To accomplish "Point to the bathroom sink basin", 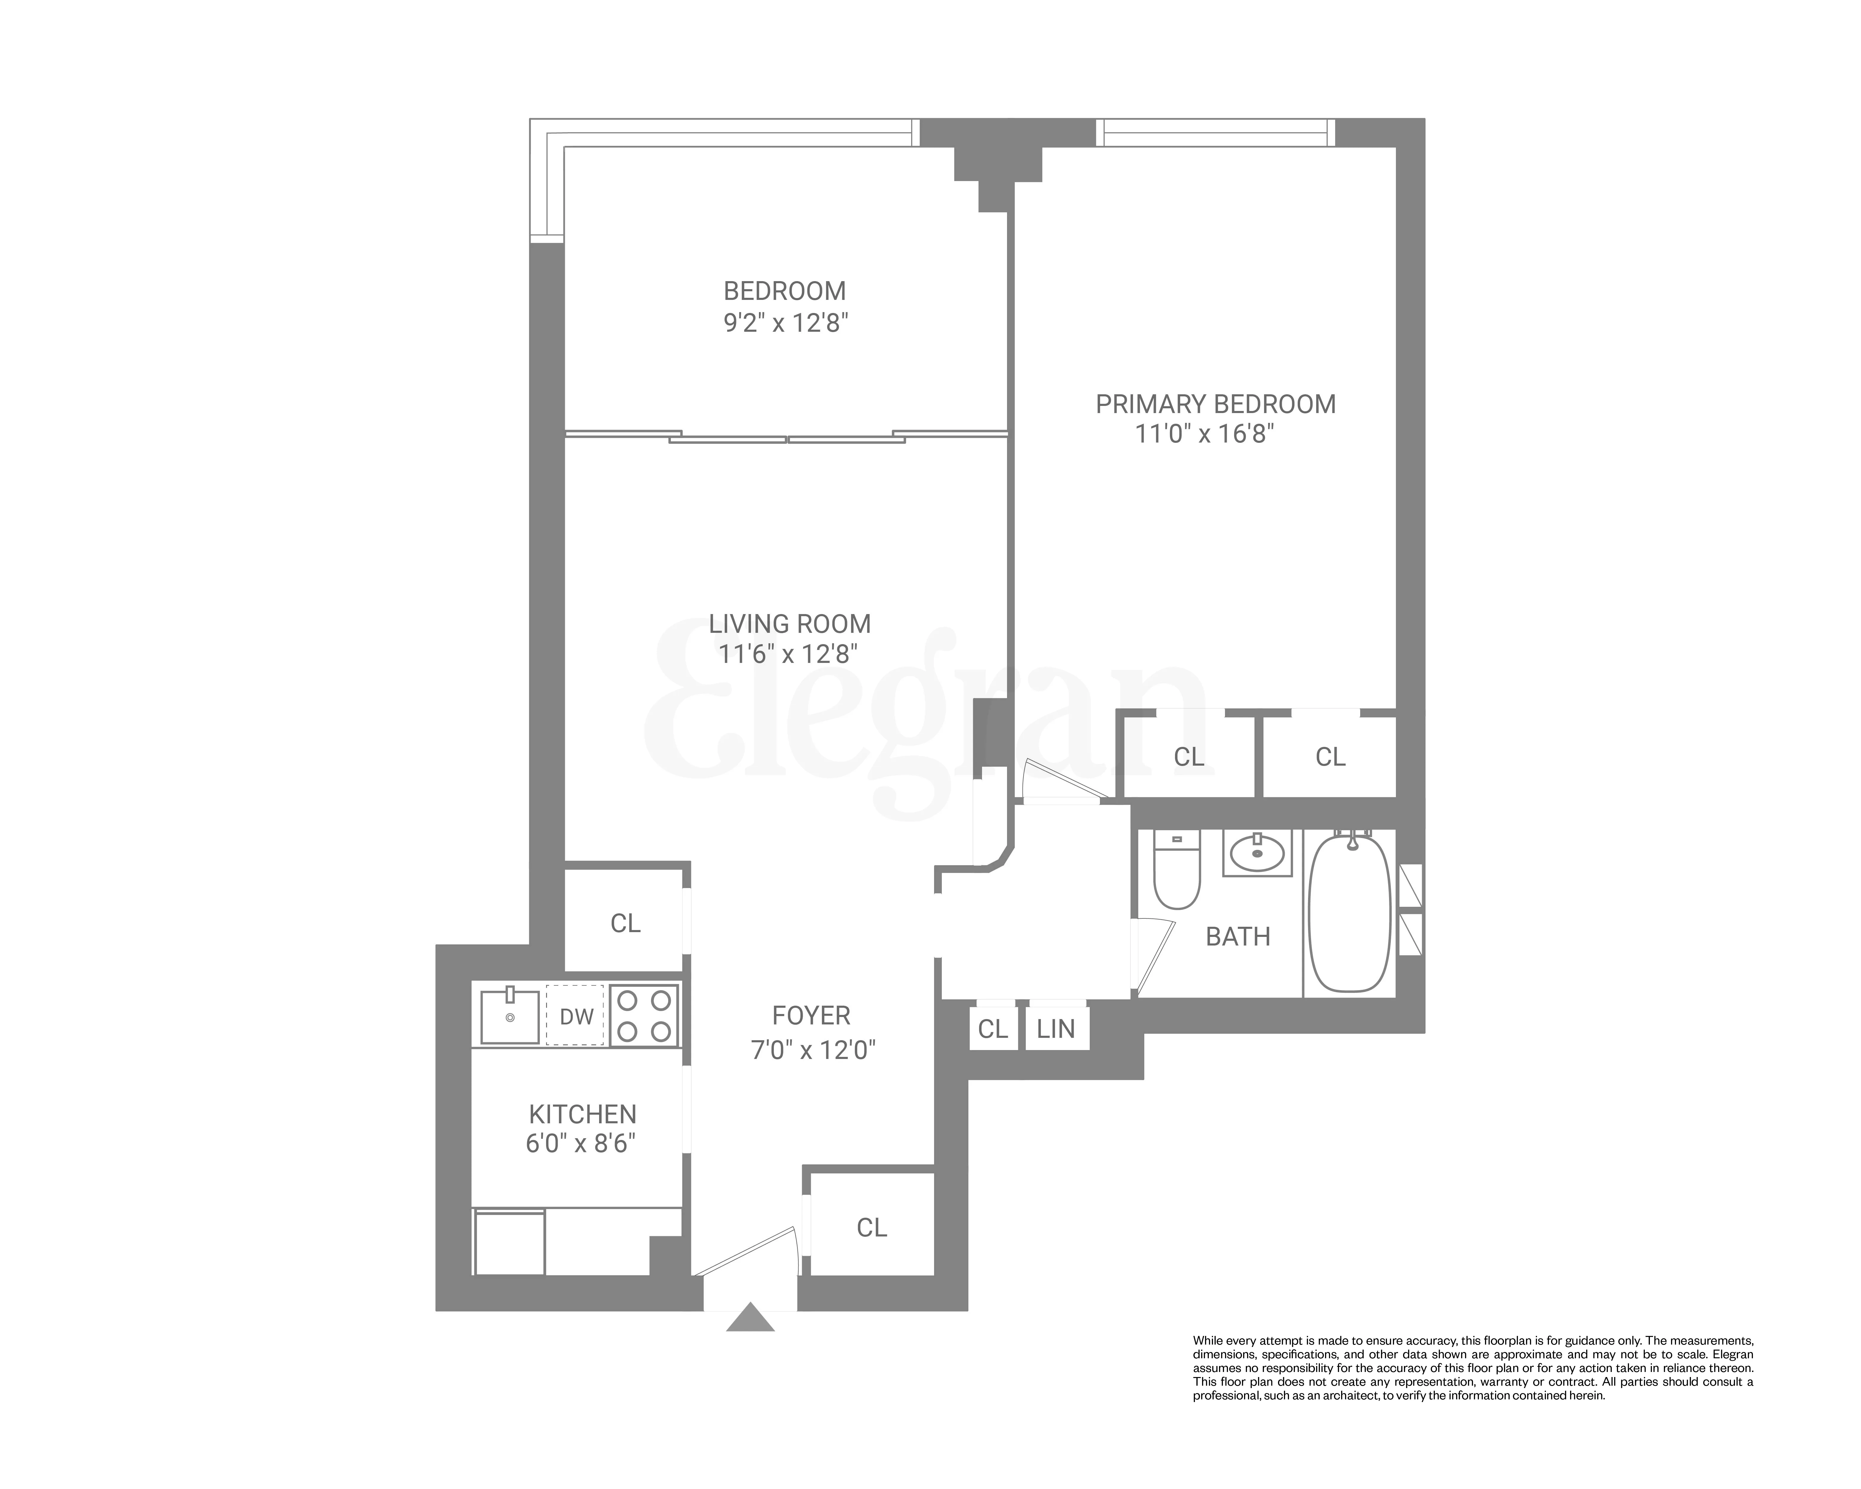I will [1257, 855].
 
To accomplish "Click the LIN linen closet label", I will [1056, 1029].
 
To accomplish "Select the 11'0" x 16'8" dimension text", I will [1204, 433].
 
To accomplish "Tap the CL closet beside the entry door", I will [872, 1228].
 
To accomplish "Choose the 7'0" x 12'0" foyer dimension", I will [813, 1050].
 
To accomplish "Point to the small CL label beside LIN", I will [993, 1029].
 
